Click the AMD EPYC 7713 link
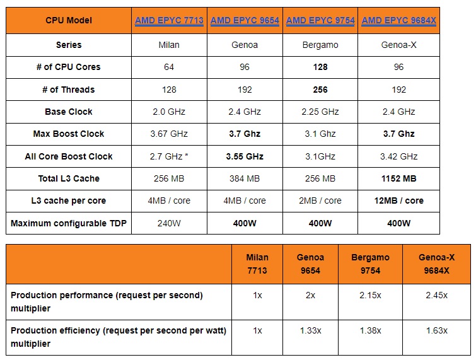point(169,21)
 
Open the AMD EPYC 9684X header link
point(398,21)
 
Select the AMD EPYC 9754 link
point(320,21)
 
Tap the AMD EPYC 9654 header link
point(245,21)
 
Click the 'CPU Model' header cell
point(69,21)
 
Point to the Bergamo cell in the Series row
point(320,45)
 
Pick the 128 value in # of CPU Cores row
point(320,67)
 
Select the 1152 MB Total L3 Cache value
point(398,178)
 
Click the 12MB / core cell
point(398,200)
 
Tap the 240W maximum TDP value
point(169,223)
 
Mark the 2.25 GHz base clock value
point(320,112)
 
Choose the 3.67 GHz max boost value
point(169,134)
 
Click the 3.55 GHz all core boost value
point(245,156)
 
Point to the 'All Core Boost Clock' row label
point(69,156)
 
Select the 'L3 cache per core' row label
point(69,200)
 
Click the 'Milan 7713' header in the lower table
point(257,263)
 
